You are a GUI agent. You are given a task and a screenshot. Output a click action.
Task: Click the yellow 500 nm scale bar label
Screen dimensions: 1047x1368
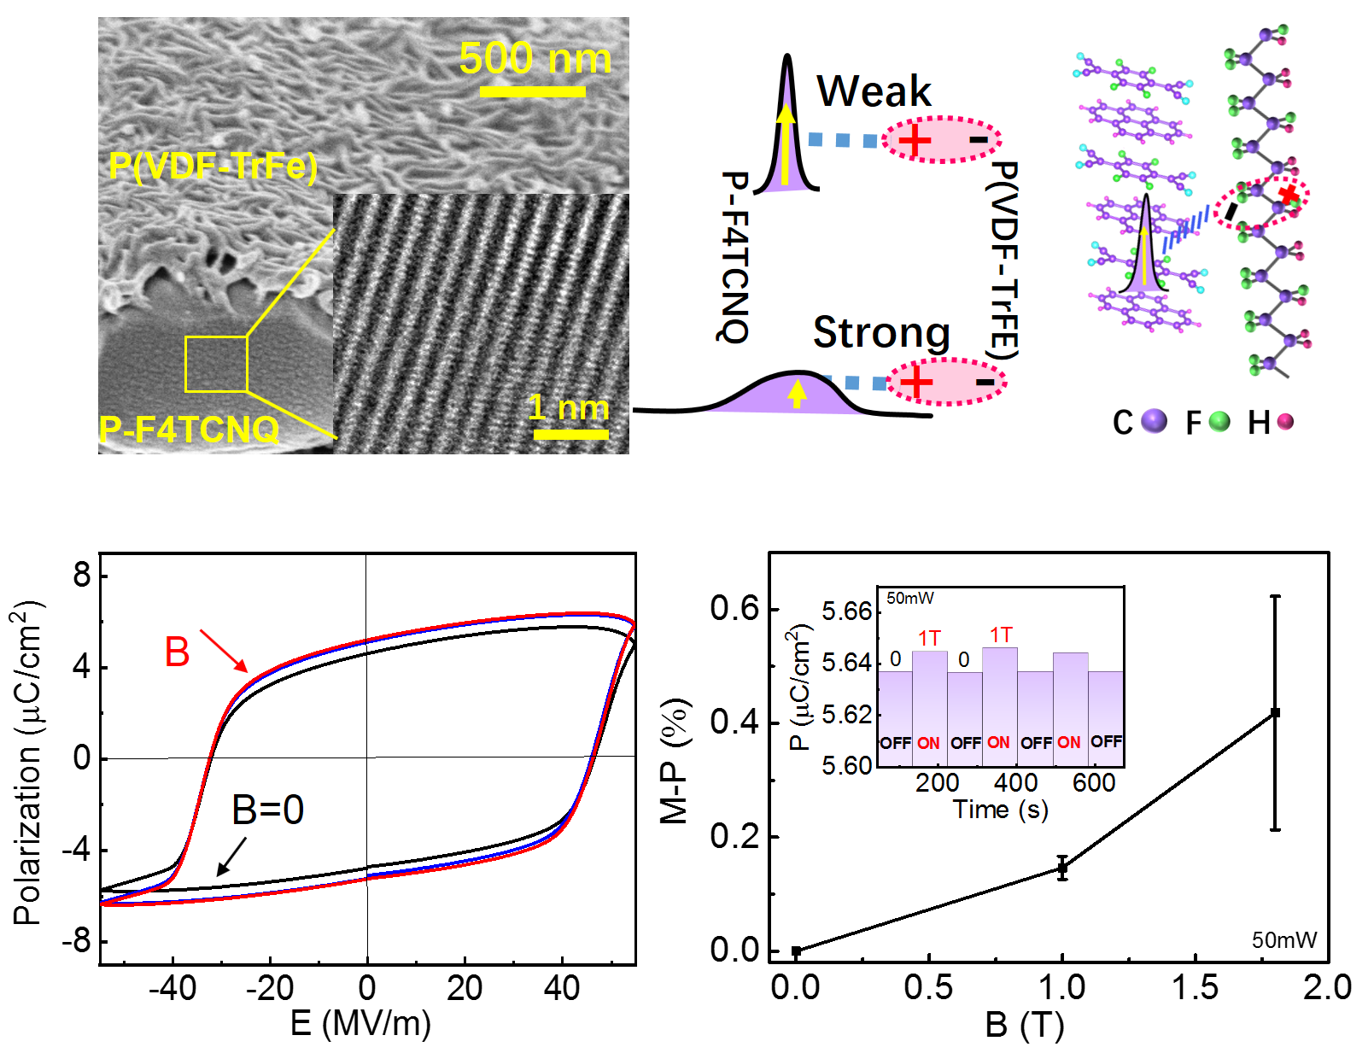coord(535,58)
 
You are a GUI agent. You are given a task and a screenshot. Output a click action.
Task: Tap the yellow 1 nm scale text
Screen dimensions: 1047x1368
coord(568,407)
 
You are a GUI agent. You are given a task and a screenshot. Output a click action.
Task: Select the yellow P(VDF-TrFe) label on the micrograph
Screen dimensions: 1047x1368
coord(213,166)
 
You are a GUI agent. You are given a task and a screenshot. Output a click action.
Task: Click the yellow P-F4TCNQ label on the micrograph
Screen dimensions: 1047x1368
coord(189,429)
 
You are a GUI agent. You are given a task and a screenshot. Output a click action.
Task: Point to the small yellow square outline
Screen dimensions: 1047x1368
coord(216,364)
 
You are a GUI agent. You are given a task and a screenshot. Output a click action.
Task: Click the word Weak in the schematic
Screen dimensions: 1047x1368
coord(874,91)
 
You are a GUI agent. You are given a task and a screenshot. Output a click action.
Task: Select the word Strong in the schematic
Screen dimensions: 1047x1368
coord(881,332)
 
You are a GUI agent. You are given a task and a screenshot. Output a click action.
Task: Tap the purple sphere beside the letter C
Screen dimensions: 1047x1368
coord(1154,421)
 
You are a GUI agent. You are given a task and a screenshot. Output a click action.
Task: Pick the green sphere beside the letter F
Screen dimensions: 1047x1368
coord(1219,421)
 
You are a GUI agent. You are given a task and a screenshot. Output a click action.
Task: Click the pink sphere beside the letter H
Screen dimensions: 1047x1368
coord(1285,421)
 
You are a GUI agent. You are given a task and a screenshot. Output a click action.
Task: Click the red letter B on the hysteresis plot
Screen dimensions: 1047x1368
coord(177,652)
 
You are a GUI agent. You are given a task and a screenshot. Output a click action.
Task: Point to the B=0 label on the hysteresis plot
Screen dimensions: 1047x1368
coord(267,810)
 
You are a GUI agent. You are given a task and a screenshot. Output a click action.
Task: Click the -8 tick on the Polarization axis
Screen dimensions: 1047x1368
coord(80,941)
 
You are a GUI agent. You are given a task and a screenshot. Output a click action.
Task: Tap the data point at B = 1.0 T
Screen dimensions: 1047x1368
coord(1062,869)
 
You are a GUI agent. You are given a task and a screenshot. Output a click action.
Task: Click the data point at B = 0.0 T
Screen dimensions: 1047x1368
coord(796,950)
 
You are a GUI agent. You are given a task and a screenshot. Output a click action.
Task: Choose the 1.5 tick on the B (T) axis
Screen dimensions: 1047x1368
coord(1194,987)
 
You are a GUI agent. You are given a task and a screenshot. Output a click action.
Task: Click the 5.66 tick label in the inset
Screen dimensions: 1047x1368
coord(846,611)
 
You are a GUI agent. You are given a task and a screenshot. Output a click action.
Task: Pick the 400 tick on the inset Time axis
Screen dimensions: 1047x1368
coord(1015,782)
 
